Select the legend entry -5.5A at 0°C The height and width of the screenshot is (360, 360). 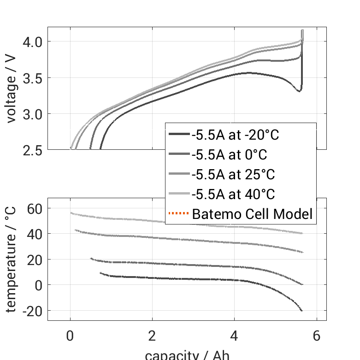[229, 155]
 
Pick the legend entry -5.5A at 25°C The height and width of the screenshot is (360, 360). [233, 175]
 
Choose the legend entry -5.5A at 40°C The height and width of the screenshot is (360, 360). [233, 194]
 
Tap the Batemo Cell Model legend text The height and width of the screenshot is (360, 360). [252, 214]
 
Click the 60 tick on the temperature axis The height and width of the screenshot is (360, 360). [35, 208]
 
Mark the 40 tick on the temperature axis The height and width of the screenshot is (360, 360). [35, 234]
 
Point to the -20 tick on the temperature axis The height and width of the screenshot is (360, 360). [31, 311]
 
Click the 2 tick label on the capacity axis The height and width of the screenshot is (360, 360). [152, 336]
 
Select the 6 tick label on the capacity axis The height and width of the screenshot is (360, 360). [316, 336]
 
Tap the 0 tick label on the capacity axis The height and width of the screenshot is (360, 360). [70, 336]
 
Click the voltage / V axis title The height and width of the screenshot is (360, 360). [12, 89]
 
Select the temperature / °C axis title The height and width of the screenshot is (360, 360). [12, 259]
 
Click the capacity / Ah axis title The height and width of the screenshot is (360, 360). [187, 355]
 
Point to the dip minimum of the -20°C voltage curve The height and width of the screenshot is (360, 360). [299, 91]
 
